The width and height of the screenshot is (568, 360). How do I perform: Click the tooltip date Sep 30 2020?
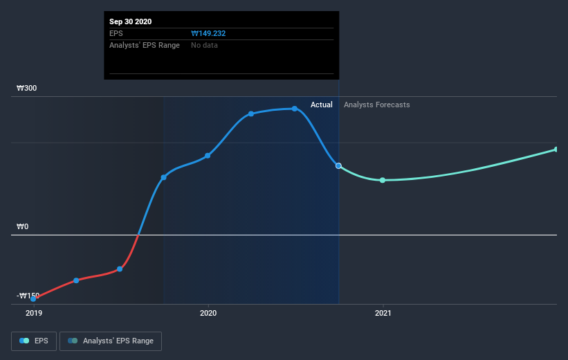[x=130, y=21]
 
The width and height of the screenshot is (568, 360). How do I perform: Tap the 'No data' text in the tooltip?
[x=205, y=45]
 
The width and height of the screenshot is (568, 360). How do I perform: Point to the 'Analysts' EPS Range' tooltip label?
[x=145, y=45]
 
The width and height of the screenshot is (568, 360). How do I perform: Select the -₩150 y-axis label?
[x=28, y=296]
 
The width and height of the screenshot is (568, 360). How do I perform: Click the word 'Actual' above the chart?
[x=321, y=105]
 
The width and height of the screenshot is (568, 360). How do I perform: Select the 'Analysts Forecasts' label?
[x=376, y=105]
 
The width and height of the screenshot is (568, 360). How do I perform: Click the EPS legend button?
[x=33, y=341]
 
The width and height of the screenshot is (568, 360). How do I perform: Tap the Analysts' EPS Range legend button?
[x=111, y=341]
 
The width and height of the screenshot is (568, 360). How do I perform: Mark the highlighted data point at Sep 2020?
[x=338, y=165]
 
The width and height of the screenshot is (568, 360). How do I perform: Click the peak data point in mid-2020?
[x=295, y=109]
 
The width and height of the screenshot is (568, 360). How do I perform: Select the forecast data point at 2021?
[x=383, y=180]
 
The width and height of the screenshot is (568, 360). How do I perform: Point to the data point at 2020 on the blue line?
[x=208, y=155]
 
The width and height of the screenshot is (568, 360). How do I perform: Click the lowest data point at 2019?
[x=33, y=298]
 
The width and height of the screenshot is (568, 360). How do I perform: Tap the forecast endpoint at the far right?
[x=556, y=150]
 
